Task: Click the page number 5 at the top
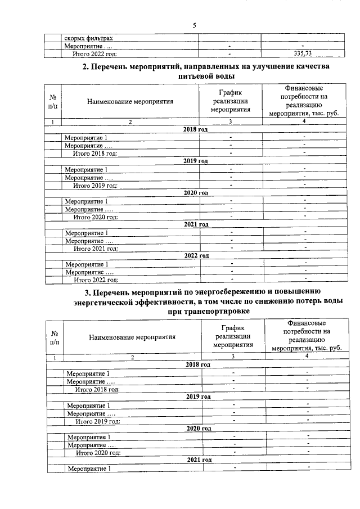point(194,25)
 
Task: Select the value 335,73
point(303,53)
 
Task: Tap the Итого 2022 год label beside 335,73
point(96,53)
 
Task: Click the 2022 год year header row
point(196,255)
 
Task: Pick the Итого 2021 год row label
point(96,248)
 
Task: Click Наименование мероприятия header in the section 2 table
point(130,102)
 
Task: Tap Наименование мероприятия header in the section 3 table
point(132,337)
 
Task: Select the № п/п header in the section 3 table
point(55,337)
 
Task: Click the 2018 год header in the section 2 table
point(196,129)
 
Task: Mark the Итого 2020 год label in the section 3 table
point(98,452)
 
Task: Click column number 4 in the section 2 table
point(304,121)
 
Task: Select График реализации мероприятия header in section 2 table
point(230,101)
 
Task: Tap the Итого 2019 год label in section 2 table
point(96,185)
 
